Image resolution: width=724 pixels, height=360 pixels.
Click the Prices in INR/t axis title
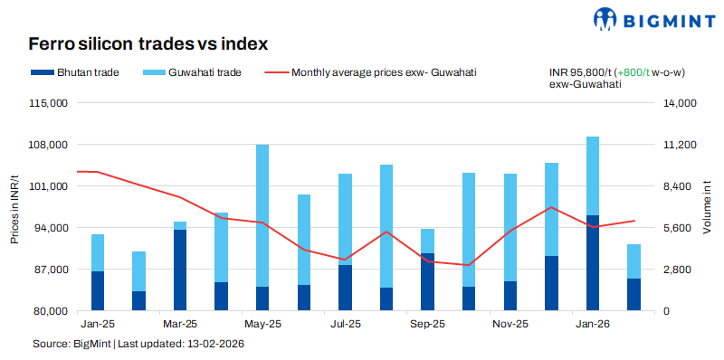pos(14,207)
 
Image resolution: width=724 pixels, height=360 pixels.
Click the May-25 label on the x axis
pos(262,323)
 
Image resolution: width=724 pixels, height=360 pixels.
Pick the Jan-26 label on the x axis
pos(593,323)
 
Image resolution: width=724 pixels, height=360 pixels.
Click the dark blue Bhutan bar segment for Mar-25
pos(180,270)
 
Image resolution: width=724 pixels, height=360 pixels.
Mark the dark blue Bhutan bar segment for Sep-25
pos(427,281)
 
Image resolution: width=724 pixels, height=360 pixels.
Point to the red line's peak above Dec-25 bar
pos(551,207)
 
